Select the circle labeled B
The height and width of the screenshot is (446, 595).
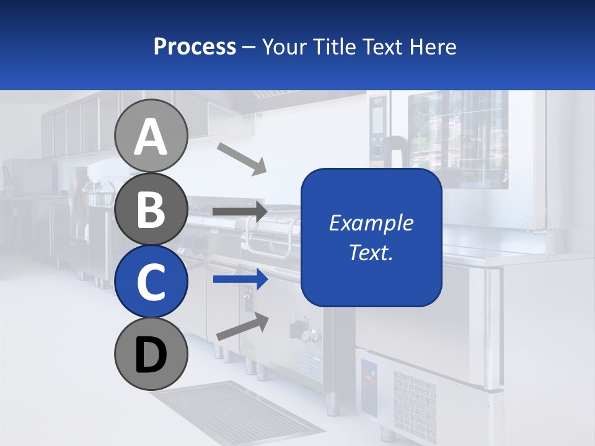pyautogui.click(x=151, y=209)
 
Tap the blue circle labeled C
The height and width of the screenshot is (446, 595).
pyautogui.click(x=151, y=281)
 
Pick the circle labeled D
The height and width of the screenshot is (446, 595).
pyautogui.click(x=151, y=354)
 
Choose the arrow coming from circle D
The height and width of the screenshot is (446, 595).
pyautogui.click(x=242, y=326)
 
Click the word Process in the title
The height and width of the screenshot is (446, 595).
pyautogui.click(x=195, y=46)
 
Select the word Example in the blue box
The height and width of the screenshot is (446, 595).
pyautogui.click(x=371, y=223)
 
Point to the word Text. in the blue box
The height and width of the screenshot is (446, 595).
pyautogui.click(x=371, y=252)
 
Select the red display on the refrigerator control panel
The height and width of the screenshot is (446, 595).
pyautogui.click(x=368, y=376)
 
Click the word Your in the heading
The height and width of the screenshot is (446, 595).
pyautogui.click(x=283, y=46)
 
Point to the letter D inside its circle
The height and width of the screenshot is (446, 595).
pyautogui.click(x=151, y=356)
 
